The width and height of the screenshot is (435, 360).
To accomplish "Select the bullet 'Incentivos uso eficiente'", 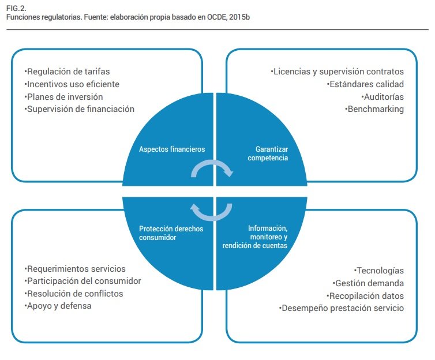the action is pos(72,84).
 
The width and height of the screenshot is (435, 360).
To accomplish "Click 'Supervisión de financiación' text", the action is pos(80,108).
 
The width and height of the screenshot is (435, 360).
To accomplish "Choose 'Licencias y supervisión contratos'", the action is pos(337,72).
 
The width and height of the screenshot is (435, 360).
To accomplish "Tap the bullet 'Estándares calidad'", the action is pos(365,84).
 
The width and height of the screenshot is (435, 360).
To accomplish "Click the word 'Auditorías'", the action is pos(383,96).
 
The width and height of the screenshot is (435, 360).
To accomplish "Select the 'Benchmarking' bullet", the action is pos(374,108).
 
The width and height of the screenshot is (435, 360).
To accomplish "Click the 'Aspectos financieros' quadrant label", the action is pos(172,149).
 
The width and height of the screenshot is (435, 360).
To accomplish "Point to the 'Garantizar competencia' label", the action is pos(267,153).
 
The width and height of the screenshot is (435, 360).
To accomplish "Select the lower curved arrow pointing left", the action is pos(212,212).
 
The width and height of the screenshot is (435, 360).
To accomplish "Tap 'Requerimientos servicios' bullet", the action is pos(75,269).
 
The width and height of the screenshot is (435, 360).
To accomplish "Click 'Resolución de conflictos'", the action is pos(74,294).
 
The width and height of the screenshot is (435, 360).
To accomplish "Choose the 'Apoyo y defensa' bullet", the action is pos(58,306).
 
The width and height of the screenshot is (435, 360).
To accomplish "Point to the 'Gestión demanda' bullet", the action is pos(369,283).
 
